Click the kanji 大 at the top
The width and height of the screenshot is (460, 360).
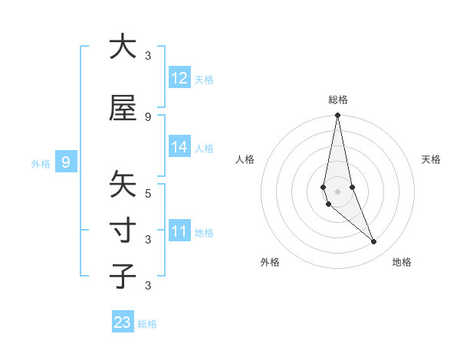coord(123,47)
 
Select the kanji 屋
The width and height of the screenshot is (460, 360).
coord(123,108)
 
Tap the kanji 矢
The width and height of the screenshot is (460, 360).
coord(123,185)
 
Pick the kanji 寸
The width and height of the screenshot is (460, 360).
coord(123,231)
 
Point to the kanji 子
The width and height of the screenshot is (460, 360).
coord(123,277)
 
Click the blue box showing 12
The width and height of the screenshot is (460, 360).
coord(179,78)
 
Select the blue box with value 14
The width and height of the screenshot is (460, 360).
coord(179,148)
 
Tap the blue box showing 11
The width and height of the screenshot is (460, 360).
coord(179,231)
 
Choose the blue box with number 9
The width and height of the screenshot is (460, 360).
coord(66,162)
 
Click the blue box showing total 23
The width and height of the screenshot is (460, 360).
coord(123,322)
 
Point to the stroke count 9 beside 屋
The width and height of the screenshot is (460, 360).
coord(148,116)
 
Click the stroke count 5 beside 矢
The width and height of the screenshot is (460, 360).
coord(148,193)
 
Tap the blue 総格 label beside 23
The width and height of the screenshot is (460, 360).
coord(148,324)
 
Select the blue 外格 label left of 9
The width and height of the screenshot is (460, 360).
coord(41,163)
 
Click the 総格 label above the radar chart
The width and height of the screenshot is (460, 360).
coord(338,100)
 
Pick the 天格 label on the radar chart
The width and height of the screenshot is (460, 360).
coord(431,159)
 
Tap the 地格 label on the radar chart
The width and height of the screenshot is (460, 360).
coord(402,262)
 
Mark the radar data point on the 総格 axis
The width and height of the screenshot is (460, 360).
coord(337,116)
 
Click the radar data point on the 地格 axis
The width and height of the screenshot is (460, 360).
coord(374,242)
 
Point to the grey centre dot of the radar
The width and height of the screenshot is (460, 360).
coord(337,191)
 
